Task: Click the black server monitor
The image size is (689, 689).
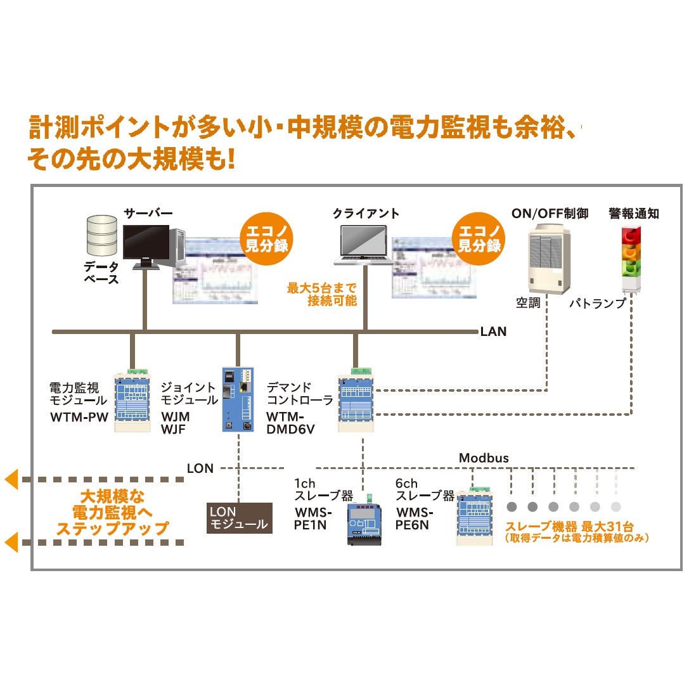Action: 146,243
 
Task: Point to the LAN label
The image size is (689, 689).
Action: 493,331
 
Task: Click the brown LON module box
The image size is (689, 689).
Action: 240,518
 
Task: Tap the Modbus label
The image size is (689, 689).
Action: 484,458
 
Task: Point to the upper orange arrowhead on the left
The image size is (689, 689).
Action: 12,480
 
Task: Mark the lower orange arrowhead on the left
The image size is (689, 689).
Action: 12,543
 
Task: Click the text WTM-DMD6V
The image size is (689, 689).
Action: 290,423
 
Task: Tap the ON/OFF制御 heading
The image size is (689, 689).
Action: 550,214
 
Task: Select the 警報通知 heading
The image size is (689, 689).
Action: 633,214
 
